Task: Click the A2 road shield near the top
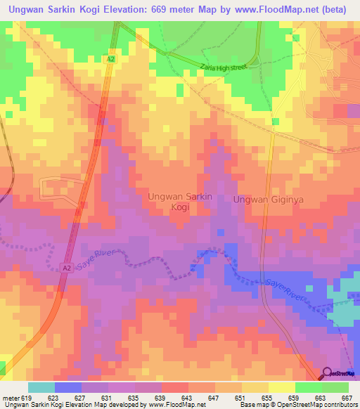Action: click(x=111, y=60)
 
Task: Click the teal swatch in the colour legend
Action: click(x=41, y=387)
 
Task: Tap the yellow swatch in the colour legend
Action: click(x=281, y=387)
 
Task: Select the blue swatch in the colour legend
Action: click(x=68, y=387)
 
